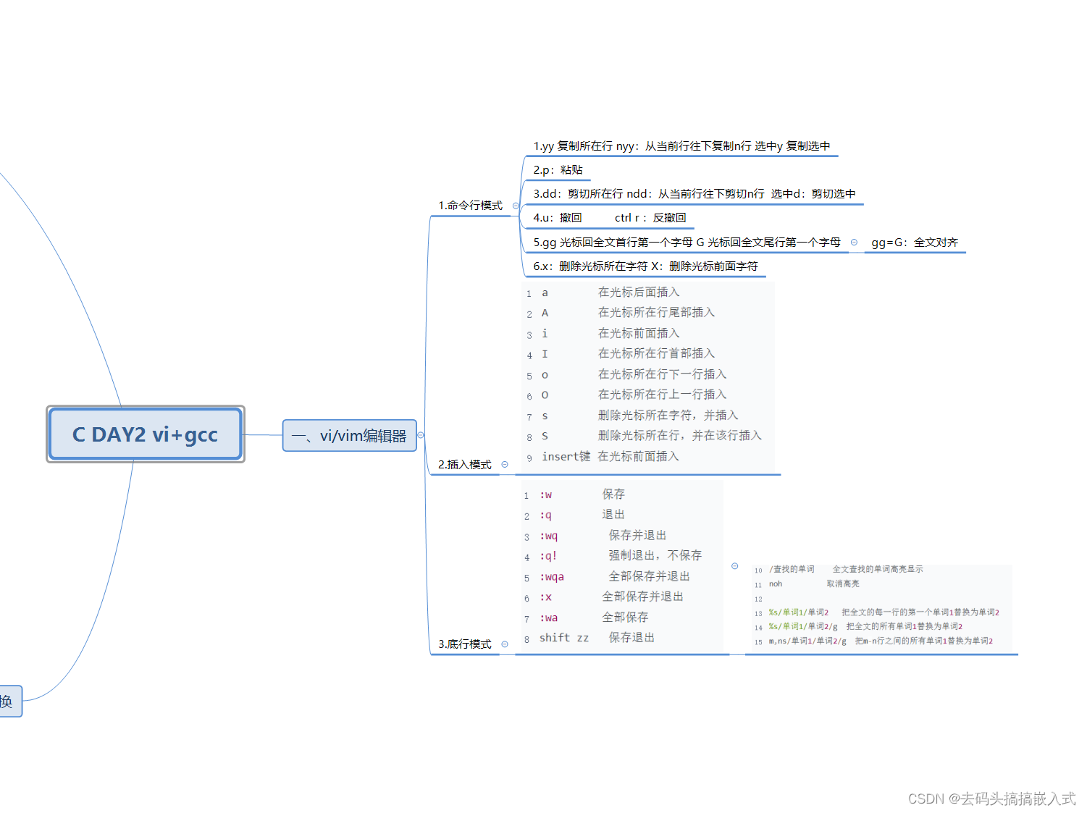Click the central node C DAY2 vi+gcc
click(x=145, y=434)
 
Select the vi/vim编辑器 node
click(x=349, y=436)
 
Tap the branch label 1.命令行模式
click(x=470, y=206)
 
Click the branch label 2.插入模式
click(x=464, y=465)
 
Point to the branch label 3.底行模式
click(x=464, y=644)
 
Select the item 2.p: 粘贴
click(x=558, y=170)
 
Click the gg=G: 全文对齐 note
click(x=914, y=243)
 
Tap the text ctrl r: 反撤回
click(x=650, y=218)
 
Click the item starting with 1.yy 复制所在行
click(x=681, y=146)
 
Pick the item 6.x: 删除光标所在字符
click(x=645, y=266)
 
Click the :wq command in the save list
click(x=548, y=536)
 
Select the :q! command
click(x=548, y=556)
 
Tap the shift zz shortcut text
click(x=563, y=638)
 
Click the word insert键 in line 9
click(x=566, y=457)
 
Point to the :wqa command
click(x=551, y=577)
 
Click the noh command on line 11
click(x=776, y=584)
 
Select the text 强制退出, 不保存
click(x=655, y=555)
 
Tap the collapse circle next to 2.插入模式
click(x=505, y=465)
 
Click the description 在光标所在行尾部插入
click(x=656, y=313)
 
